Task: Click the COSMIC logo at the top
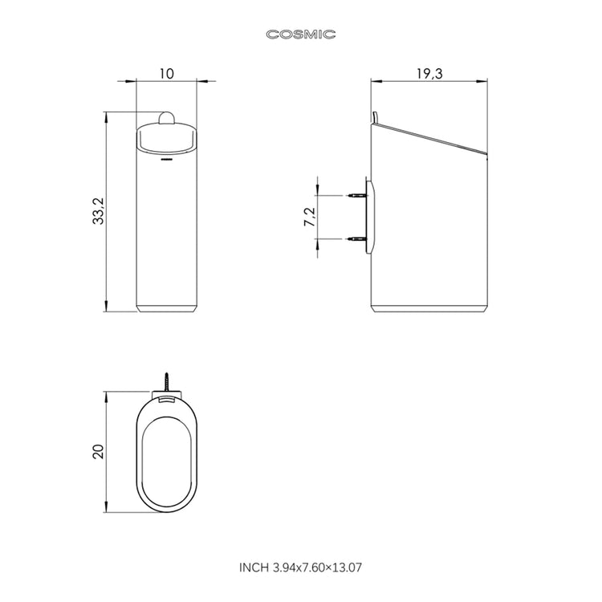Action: (301, 35)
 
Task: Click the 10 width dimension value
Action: (167, 73)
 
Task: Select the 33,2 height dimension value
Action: (98, 211)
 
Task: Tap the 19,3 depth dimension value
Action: (429, 73)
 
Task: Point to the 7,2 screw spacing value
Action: (310, 217)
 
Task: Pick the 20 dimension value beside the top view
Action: (98, 451)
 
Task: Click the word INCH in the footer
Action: (254, 567)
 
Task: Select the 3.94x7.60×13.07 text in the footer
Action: (317, 567)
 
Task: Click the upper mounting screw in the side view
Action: (356, 195)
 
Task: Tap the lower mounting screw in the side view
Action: (356, 239)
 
